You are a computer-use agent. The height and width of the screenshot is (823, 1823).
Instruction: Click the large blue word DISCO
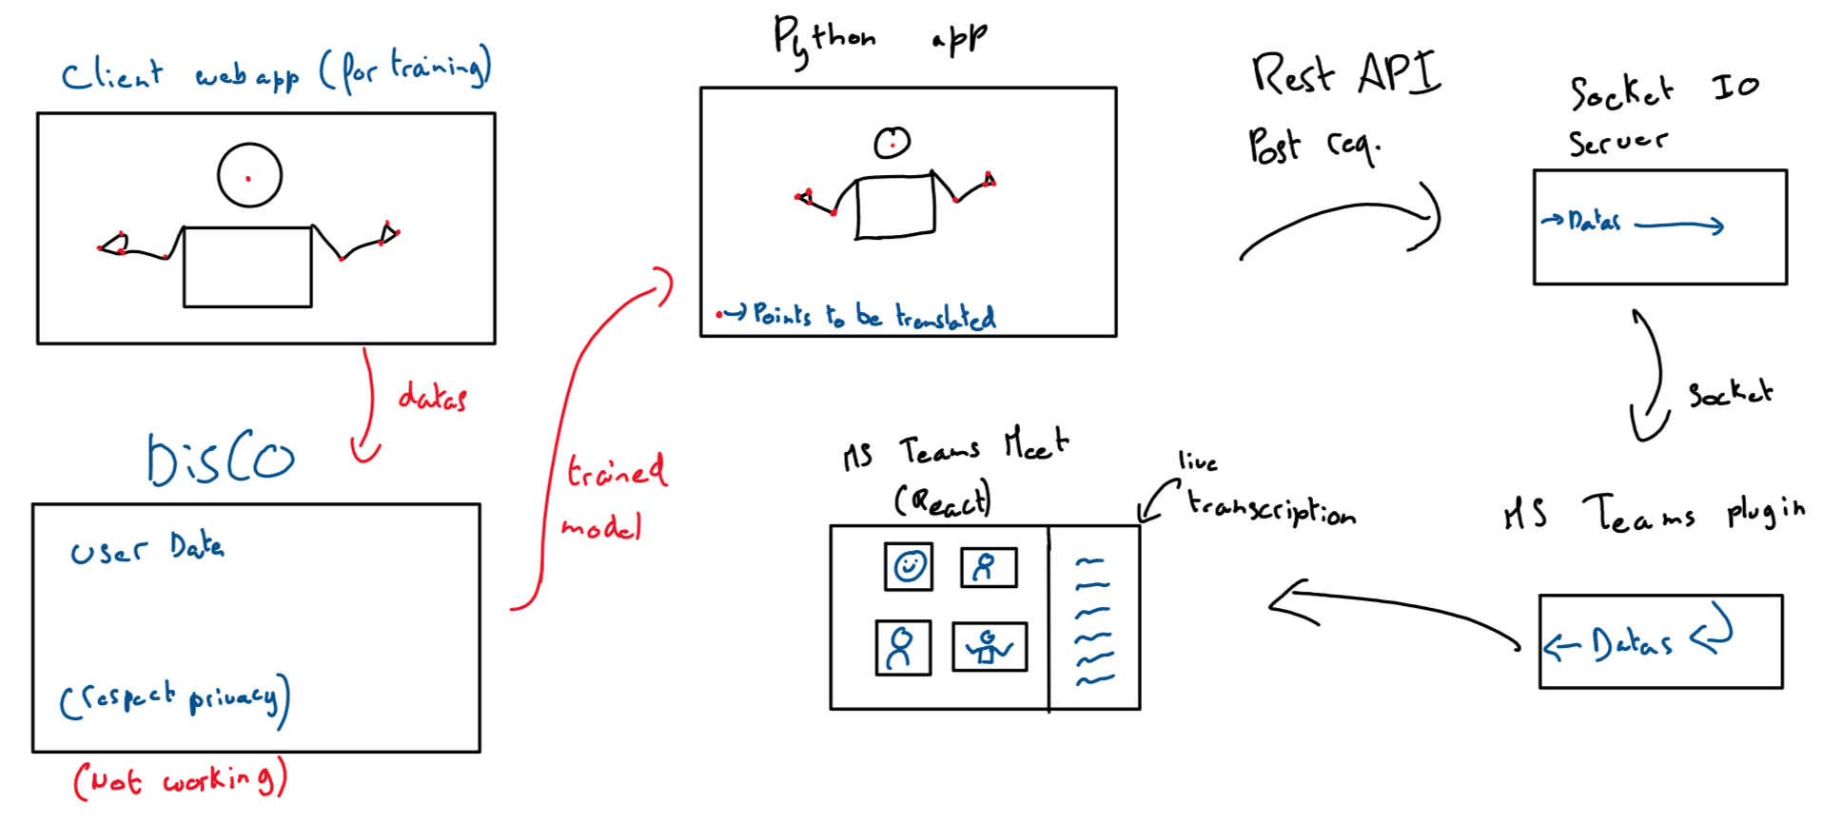coord(221,460)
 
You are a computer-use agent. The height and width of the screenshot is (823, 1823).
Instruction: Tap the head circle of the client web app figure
coord(249,176)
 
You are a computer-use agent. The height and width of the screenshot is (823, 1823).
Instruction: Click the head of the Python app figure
coord(892,143)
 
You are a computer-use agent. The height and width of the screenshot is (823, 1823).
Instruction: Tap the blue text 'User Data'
coord(147,549)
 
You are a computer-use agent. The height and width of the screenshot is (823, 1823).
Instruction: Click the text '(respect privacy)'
coord(175,699)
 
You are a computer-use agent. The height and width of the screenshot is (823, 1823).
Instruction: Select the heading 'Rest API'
coord(1345,73)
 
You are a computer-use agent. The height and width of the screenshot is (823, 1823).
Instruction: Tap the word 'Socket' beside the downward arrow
coord(1730,393)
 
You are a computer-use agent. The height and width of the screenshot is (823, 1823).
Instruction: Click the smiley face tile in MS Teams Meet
coord(909,567)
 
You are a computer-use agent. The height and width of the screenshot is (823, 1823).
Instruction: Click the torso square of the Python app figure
coord(895,206)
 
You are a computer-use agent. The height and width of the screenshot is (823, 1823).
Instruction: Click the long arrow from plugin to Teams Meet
coord(1394,609)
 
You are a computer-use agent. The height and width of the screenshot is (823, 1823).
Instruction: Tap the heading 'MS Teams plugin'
coord(1654,514)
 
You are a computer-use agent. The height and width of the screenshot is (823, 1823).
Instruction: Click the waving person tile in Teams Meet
coord(990,647)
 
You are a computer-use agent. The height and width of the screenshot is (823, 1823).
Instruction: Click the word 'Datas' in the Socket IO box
coord(1595,222)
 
